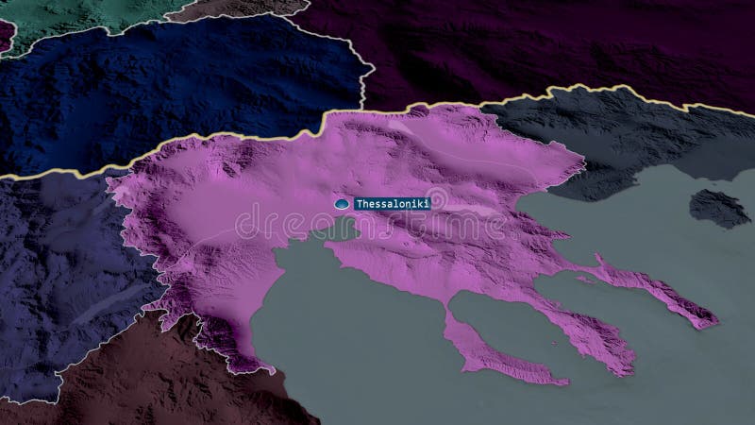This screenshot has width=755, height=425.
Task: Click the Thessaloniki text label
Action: (x=391, y=203)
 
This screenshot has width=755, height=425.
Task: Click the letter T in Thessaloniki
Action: (x=358, y=203)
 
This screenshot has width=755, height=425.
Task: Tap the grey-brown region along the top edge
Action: (x=236, y=9)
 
